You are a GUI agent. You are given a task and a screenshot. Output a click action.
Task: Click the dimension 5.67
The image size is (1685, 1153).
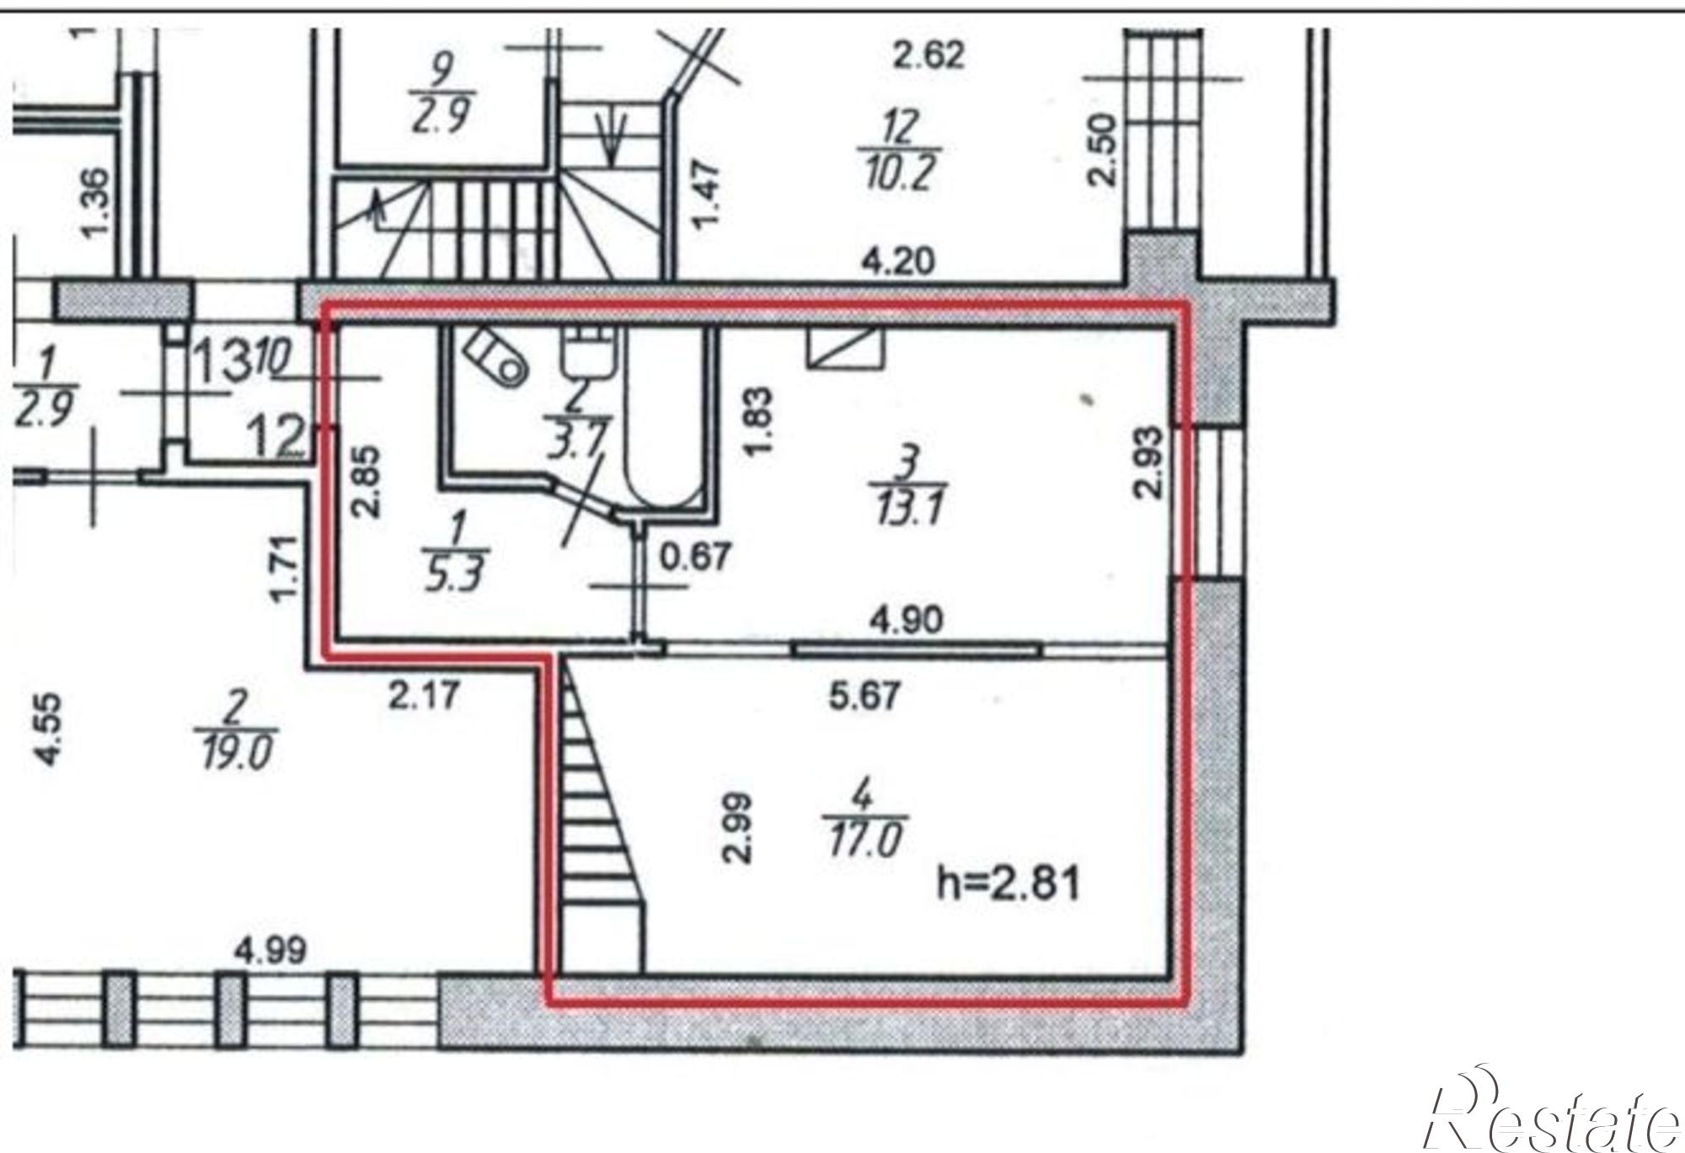pos(866,697)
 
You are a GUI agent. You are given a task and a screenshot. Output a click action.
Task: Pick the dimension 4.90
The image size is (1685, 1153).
pos(907,621)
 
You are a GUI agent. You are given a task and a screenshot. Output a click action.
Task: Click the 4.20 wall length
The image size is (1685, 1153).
pos(898,262)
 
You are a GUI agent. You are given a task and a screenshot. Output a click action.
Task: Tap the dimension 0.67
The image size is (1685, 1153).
pos(693,558)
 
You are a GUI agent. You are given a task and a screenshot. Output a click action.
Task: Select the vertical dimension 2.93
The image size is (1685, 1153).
pos(1149,462)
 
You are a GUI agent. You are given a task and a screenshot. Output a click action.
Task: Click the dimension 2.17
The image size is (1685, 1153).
pos(425,696)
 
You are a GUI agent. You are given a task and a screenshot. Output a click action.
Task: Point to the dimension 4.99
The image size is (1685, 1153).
pos(270,952)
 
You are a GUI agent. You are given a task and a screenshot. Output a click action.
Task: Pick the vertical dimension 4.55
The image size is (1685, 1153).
pos(49,729)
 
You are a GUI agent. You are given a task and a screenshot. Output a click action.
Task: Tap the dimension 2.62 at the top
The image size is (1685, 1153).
pos(928,56)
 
